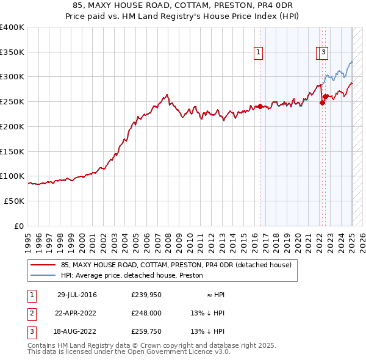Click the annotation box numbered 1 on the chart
259,53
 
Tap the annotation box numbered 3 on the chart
323,53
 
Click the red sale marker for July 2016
260,107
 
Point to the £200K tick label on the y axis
12,126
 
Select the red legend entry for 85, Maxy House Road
176,265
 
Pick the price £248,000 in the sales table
146,313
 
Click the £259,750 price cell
146,331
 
